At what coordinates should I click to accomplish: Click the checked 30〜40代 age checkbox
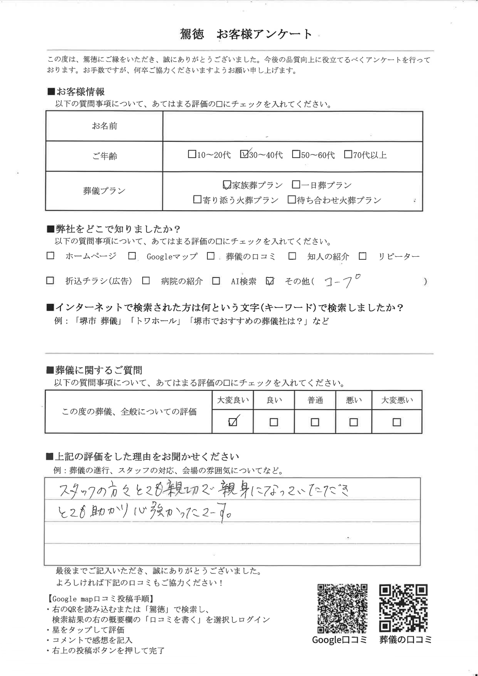point(244,155)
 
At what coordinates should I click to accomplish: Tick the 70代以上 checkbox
point(348,155)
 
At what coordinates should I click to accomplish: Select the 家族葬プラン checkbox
point(227,185)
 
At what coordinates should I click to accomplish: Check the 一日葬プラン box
point(296,185)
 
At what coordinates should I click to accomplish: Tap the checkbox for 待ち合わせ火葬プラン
point(291,200)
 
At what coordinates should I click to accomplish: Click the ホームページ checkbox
point(50,256)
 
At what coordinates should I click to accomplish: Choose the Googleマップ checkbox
point(132,256)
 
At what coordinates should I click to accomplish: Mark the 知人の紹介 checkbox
point(292,256)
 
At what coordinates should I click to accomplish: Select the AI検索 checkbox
point(216,281)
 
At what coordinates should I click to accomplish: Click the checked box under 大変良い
point(233,422)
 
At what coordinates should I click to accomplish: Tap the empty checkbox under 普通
point(315,422)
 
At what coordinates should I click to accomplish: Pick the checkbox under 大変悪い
point(397,422)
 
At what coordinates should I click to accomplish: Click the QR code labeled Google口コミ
point(342,609)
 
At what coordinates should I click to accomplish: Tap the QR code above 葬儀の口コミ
point(403,609)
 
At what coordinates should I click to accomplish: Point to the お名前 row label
point(104,126)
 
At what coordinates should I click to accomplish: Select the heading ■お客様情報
point(76,92)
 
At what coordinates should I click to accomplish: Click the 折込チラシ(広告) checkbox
point(50,281)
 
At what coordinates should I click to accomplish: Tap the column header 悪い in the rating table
point(353,400)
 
